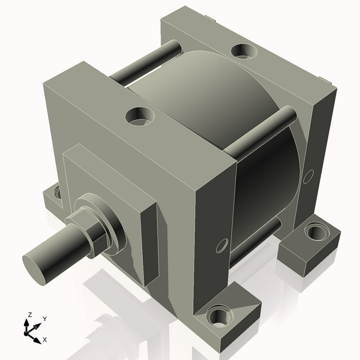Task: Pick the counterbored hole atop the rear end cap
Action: point(244,51)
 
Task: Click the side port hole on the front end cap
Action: point(221,245)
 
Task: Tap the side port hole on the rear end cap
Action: point(308,176)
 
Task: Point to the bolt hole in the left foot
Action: point(58,193)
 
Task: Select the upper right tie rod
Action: point(264,128)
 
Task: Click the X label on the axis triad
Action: point(44,340)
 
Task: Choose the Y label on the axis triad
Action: point(44,319)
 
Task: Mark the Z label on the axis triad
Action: point(29,314)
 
